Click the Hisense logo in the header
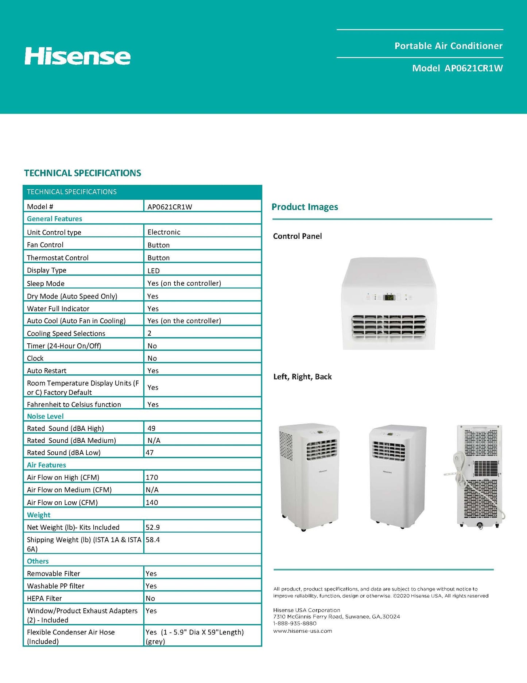[77, 56]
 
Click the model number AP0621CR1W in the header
[473, 68]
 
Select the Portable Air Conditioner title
[448, 46]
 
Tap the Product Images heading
[305, 207]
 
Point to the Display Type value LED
[154, 271]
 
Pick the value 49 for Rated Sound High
[151, 428]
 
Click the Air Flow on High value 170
[152, 477]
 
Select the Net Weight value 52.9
[152, 527]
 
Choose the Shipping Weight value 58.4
[152, 540]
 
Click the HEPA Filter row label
[44, 598]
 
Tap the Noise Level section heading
[45, 416]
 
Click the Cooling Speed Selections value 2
[149, 333]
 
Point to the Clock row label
[35, 358]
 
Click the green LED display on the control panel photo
[389, 297]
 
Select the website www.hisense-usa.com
[302, 631]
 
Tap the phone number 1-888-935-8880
[295, 624]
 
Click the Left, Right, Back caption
[302, 377]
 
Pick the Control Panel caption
[297, 236]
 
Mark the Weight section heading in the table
[39, 515]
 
